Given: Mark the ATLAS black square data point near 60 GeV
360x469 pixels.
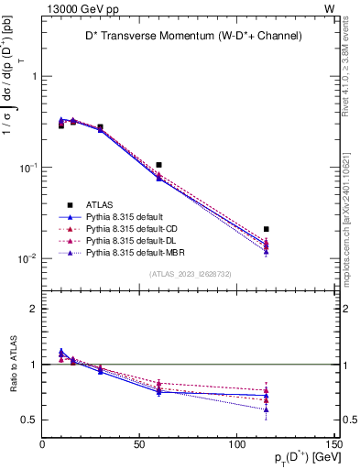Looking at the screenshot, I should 159,165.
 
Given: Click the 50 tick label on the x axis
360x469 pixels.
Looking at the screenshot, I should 140,447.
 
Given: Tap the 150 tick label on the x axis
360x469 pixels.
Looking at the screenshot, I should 333,447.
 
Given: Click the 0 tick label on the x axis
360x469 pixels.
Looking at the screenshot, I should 42,447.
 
